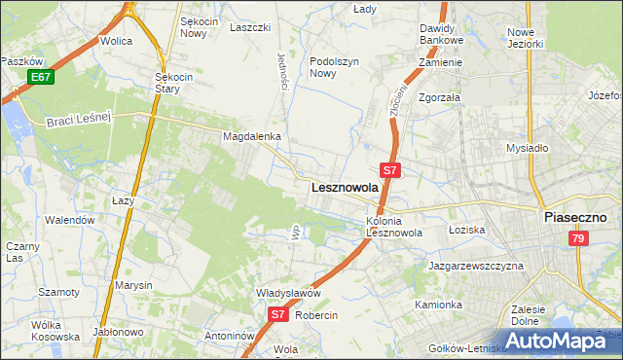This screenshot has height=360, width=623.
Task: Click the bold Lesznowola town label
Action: (344, 188)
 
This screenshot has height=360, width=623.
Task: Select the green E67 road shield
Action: (40, 77)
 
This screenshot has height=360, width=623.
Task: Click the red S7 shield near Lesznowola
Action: (390, 169)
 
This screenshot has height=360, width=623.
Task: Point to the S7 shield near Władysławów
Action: (278, 313)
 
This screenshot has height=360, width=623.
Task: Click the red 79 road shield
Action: (579, 239)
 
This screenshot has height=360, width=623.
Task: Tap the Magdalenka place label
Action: (252, 137)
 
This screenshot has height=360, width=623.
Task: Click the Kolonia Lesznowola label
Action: (393, 227)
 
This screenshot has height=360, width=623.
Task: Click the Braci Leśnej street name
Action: (81, 119)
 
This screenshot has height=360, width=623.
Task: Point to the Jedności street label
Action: (283, 71)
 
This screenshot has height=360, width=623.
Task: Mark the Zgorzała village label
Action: (439, 98)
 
